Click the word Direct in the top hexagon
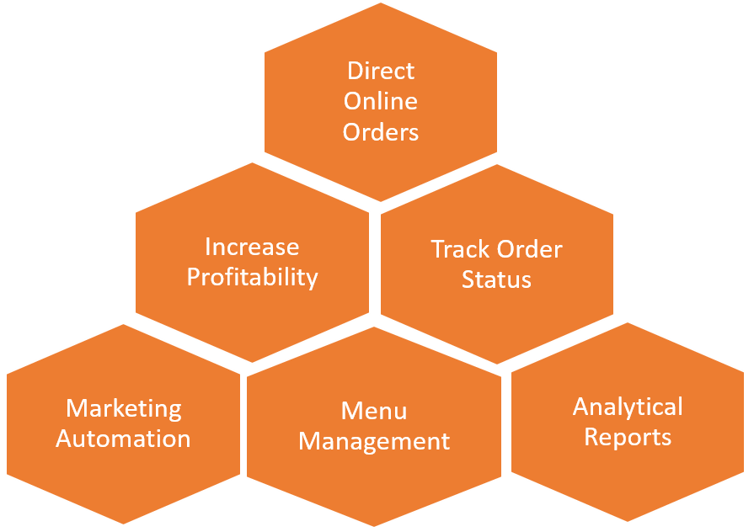[381, 71]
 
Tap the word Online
[381, 101]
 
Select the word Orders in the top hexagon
[381, 132]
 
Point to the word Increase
[252, 247]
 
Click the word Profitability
[252, 277]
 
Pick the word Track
[460, 249]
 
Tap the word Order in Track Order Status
[529, 249]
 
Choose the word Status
[496, 279]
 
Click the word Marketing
[124, 408]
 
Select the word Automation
[124, 439]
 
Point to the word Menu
[374, 411]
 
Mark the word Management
[374, 441]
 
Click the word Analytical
[628, 407]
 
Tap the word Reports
[628, 437]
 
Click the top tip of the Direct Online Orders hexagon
[382, 4]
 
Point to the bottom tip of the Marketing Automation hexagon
[124, 523]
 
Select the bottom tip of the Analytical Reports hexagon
[628, 520]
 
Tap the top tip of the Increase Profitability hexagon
[253, 163]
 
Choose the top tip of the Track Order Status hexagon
[497, 165]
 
